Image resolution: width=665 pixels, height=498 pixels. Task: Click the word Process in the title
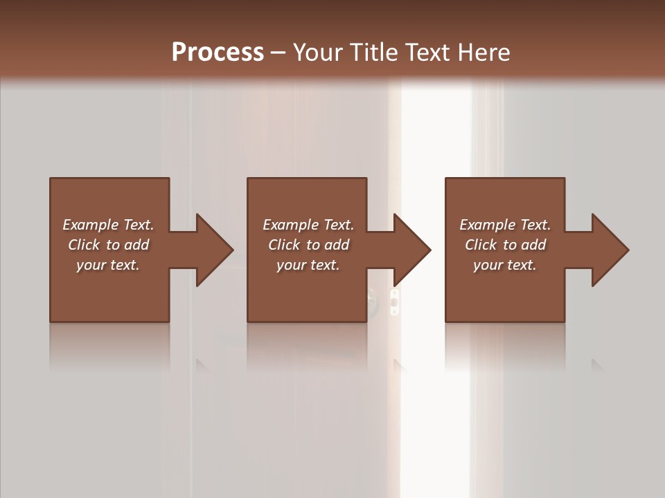(x=218, y=52)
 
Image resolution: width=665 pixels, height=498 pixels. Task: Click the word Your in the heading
(x=319, y=53)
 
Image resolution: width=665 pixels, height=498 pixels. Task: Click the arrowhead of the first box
(x=212, y=250)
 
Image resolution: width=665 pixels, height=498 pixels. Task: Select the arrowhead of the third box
(x=608, y=250)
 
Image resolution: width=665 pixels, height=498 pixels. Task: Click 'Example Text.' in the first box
(x=108, y=225)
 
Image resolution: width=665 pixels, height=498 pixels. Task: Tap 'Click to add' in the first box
(x=108, y=245)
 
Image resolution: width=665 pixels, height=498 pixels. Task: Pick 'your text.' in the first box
(x=108, y=265)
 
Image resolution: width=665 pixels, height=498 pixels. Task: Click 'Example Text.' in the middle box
(x=308, y=225)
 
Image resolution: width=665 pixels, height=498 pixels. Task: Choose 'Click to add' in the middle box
(x=308, y=245)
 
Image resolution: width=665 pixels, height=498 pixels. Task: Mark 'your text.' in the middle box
(x=308, y=265)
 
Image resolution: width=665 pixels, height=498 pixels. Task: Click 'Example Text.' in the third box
(x=505, y=225)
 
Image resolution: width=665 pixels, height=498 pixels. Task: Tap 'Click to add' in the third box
(x=505, y=245)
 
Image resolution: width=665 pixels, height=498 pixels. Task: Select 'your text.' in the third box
(x=505, y=265)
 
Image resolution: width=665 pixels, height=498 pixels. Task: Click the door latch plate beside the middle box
(x=394, y=302)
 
